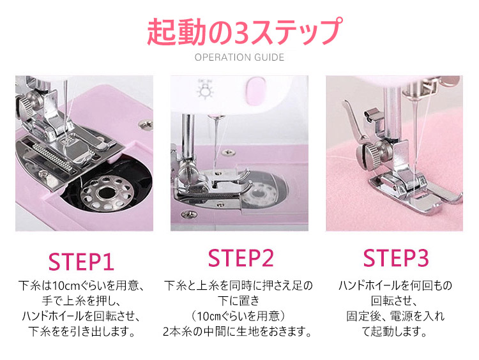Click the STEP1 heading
pos(81,262)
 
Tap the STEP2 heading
pos(241,258)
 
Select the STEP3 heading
pos(396,258)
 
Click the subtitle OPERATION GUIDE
pos(240,57)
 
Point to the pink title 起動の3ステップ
pos(245,31)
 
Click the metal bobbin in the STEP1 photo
pos(105,192)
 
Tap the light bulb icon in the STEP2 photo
pos(205,89)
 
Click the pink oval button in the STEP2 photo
pos(255,91)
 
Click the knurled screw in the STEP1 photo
pos(26,107)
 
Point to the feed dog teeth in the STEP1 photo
pos(52,156)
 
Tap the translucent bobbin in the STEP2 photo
pos(258,194)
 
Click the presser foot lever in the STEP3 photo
pos(355,122)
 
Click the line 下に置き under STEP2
pos(239,301)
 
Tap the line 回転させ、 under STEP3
pos(394,301)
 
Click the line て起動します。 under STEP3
pos(394,332)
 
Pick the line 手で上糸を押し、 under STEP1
pos(81,301)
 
